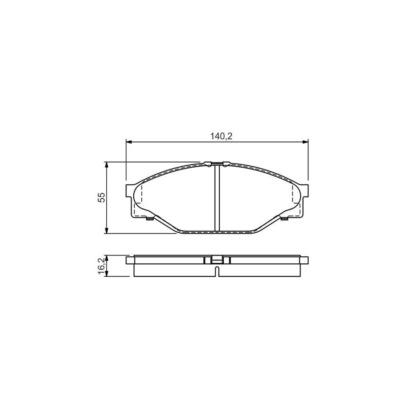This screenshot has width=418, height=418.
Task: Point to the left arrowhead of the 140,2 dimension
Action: click(129, 142)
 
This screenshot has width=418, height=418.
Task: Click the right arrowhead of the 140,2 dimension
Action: click(306, 142)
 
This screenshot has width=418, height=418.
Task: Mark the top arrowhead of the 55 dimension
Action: click(107, 164)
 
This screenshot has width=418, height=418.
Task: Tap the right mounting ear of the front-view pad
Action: click(305, 190)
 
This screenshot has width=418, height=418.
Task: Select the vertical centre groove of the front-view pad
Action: click(217, 197)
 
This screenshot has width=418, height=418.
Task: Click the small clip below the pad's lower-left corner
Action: click(150, 219)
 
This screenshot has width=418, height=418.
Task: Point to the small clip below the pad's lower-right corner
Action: click(284, 219)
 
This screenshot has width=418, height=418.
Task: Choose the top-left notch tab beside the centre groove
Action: click(208, 163)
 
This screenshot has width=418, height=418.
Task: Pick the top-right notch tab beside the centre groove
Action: click(226, 163)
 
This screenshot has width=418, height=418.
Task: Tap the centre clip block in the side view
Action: click(217, 260)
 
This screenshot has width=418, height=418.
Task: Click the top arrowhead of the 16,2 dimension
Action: click(107, 257)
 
